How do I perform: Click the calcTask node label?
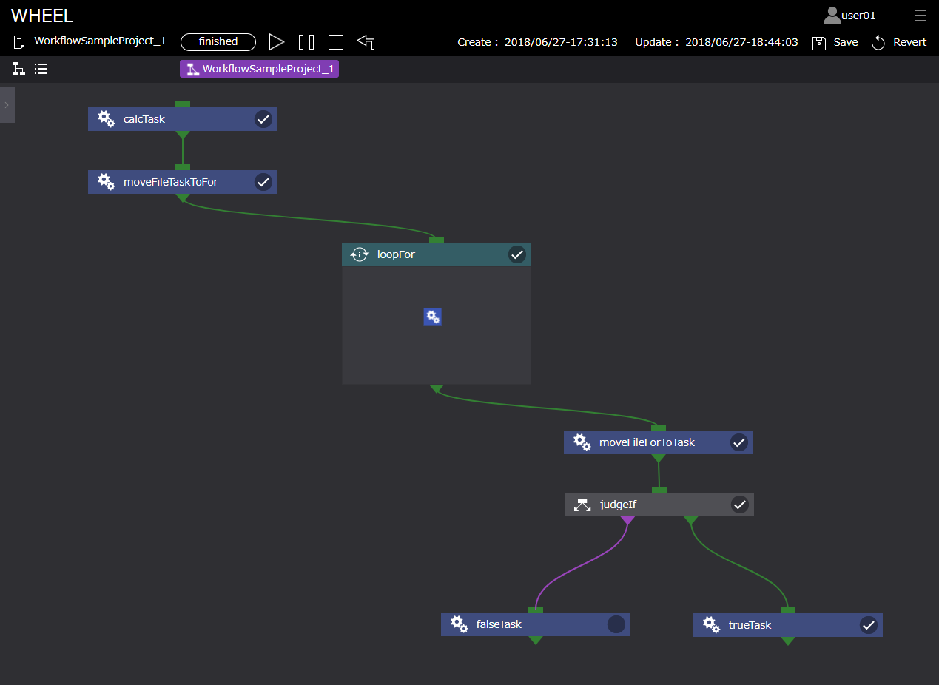tap(144, 119)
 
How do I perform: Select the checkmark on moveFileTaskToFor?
tap(263, 182)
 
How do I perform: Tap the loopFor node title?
tap(396, 255)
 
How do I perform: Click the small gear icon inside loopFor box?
tap(433, 317)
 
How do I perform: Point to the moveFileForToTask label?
tap(647, 442)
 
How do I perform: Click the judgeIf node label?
tap(618, 505)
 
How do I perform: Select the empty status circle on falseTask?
tap(616, 624)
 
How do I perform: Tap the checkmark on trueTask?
tap(869, 625)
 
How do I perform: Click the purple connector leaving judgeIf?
tap(627, 520)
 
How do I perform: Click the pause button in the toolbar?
tap(306, 42)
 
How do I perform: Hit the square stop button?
tap(336, 42)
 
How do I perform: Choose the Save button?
tap(835, 42)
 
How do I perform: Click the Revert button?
tap(899, 42)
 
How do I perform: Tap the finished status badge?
tap(218, 42)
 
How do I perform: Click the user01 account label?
tap(858, 16)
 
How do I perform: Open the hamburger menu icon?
tap(921, 16)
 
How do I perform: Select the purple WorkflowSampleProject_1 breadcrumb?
tap(259, 69)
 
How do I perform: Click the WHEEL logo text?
tap(42, 16)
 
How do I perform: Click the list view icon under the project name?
tap(41, 69)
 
